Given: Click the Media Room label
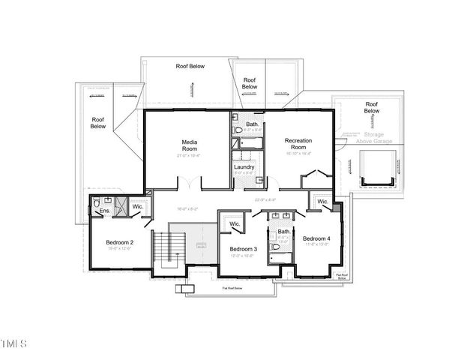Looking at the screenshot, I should (189, 145).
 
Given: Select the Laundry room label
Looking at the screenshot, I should (244, 166).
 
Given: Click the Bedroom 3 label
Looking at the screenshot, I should (244, 248).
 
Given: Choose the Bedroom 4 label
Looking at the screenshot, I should (316, 238).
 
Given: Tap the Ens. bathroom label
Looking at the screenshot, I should (104, 211).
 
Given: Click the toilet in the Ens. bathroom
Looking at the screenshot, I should (97, 202).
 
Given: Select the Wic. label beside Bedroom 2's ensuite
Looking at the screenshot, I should (137, 206).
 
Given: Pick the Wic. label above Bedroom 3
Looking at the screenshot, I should (234, 223).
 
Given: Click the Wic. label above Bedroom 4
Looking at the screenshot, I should (322, 202).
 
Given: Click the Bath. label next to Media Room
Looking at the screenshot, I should (252, 124).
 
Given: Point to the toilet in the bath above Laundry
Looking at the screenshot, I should (239, 130).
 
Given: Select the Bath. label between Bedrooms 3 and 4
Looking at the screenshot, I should (284, 232).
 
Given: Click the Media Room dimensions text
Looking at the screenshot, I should (189, 155).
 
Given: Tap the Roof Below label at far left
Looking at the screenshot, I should (98, 122).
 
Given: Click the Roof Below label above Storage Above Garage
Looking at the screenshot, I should (371, 107).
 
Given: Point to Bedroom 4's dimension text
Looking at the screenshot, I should (316, 244).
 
